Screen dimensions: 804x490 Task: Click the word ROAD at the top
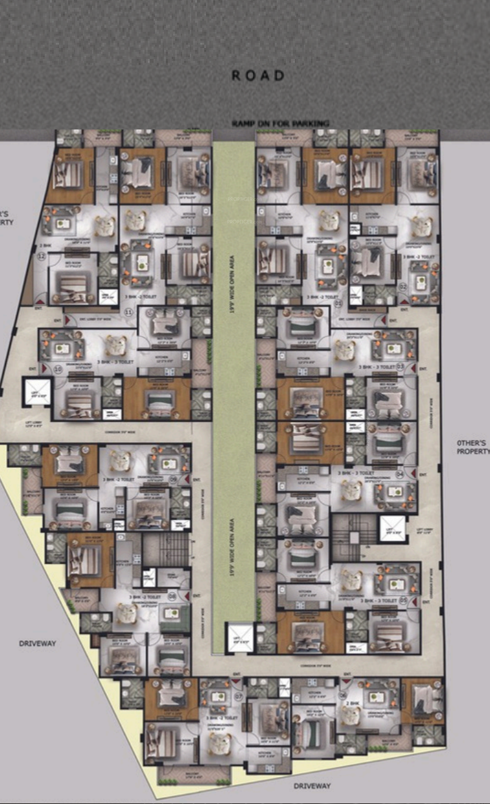[258, 76]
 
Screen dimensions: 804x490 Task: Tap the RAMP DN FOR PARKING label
[281, 123]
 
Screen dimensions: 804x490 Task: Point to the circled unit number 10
[58, 369]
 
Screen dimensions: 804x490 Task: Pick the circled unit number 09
[174, 479]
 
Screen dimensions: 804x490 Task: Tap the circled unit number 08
[172, 597]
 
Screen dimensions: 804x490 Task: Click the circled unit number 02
[402, 285]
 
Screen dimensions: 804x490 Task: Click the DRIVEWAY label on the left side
[37, 643]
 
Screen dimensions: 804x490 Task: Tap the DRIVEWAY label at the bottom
[312, 786]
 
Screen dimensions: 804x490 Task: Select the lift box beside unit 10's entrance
[37, 392]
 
